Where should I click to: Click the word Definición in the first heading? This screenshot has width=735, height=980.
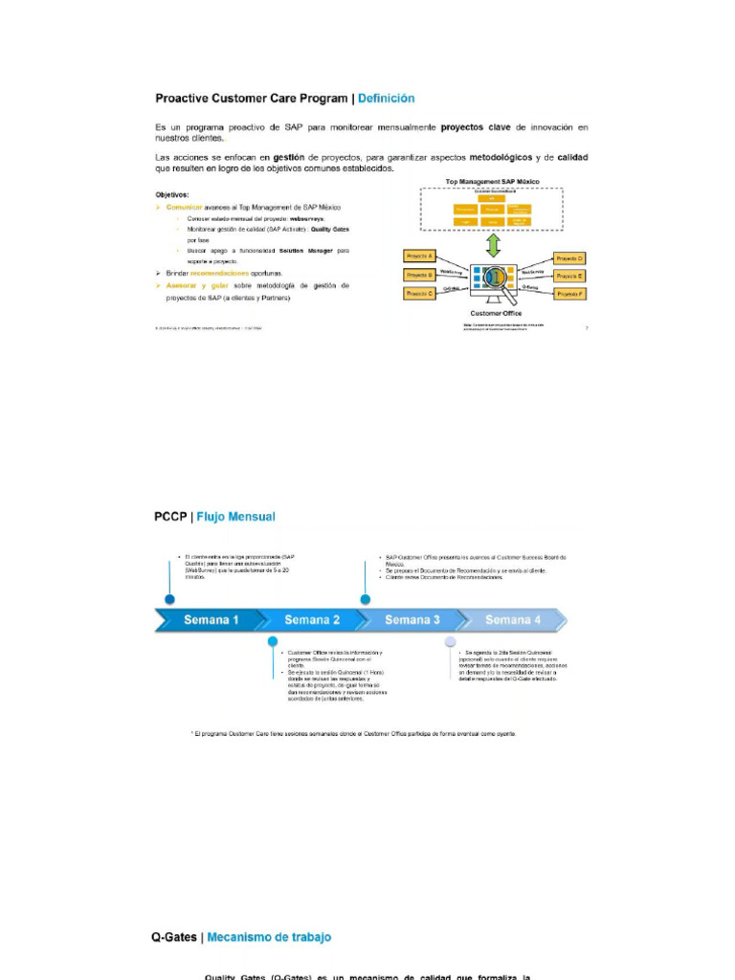point(387,98)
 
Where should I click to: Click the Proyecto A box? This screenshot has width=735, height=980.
point(420,257)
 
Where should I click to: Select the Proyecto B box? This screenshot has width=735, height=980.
point(420,276)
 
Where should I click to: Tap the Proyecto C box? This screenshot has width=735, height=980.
point(420,293)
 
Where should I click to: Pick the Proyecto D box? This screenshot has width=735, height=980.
point(569,258)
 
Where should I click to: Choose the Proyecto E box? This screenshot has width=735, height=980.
point(569,276)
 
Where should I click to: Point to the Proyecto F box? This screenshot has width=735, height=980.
point(569,293)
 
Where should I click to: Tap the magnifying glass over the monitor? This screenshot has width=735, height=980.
point(495,278)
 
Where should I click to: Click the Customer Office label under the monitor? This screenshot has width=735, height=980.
point(495,313)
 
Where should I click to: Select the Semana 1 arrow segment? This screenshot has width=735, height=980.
point(212,619)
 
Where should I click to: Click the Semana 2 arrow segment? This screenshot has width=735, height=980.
point(312,619)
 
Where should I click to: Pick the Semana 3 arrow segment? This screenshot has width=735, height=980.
point(412,619)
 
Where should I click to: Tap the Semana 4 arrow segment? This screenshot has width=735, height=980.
point(512,619)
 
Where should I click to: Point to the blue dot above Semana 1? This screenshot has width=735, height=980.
point(169,600)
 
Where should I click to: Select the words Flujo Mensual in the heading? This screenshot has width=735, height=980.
point(236,517)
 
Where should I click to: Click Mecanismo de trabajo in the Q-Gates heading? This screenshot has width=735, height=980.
point(269,938)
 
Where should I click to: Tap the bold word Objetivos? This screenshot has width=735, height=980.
point(172,195)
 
